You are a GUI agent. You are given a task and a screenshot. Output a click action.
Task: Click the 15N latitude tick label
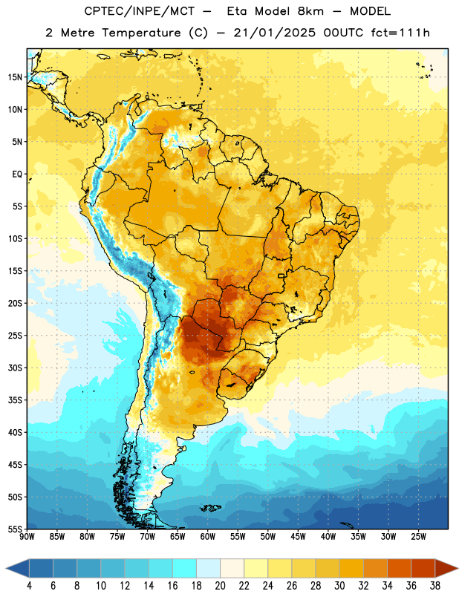[x=15, y=77]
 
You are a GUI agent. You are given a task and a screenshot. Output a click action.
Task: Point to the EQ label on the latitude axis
[x=17, y=174]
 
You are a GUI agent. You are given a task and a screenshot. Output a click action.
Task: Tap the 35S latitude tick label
[x=15, y=400]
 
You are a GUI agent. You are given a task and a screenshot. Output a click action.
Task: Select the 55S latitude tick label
[x=15, y=529]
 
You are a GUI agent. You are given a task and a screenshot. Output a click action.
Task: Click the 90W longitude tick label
[x=27, y=537]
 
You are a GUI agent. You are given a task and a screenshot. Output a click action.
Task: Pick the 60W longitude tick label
[x=208, y=537]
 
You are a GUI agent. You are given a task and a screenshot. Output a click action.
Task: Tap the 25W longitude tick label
[x=418, y=537]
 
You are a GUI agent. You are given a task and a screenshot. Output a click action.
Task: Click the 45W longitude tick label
[x=298, y=537]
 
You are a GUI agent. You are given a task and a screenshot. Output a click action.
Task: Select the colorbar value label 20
[x=220, y=586]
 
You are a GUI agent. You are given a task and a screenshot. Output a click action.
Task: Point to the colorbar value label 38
[x=435, y=586]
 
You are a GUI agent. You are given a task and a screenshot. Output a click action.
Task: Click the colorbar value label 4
[x=29, y=586]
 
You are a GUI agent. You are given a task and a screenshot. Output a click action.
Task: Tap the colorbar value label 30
[x=339, y=586]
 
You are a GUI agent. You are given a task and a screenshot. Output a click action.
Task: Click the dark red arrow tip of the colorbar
[x=458, y=568]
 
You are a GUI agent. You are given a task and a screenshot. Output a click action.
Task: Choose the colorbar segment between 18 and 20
[x=208, y=568]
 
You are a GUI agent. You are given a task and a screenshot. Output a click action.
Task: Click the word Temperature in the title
[x=141, y=33]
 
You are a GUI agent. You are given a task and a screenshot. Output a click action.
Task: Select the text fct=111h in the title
[x=400, y=33]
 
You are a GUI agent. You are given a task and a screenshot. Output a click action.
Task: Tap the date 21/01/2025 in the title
[x=274, y=33]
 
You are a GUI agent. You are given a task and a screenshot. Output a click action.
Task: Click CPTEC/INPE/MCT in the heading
[x=139, y=11]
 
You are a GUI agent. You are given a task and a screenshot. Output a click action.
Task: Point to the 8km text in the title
[x=310, y=11]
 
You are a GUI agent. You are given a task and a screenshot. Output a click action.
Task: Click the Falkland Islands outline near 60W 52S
[x=210, y=508]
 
